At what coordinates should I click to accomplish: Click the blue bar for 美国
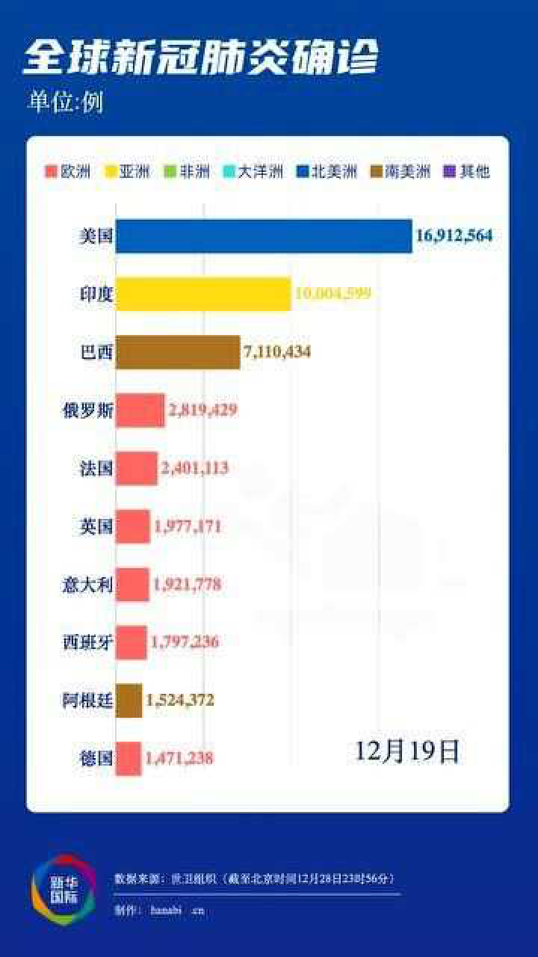(x=263, y=236)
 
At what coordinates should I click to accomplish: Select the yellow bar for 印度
(x=202, y=294)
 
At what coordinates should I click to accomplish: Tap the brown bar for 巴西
(x=178, y=351)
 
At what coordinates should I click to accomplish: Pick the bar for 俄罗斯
(x=140, y=410)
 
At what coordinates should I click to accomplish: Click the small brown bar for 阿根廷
(x=129, y=701)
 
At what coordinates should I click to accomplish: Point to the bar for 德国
(x=129, y=758)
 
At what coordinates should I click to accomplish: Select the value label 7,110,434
(x=275, y=351)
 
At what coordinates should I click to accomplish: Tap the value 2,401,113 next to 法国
(x=194, y=468)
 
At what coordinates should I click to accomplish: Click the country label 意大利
(x=87, y=585)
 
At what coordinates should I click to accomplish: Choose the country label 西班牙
(x=87, y=642)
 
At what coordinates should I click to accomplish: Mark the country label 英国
(x=96, y=526)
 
